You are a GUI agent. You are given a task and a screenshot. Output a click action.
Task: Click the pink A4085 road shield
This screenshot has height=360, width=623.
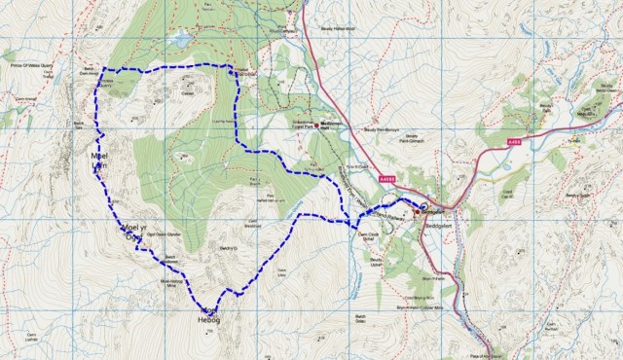tap(388, 179)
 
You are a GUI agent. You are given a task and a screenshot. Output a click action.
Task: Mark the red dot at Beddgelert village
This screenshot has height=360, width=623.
tap(416, 210)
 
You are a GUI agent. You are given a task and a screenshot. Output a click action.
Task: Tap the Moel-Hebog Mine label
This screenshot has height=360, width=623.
tap(169, 283)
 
